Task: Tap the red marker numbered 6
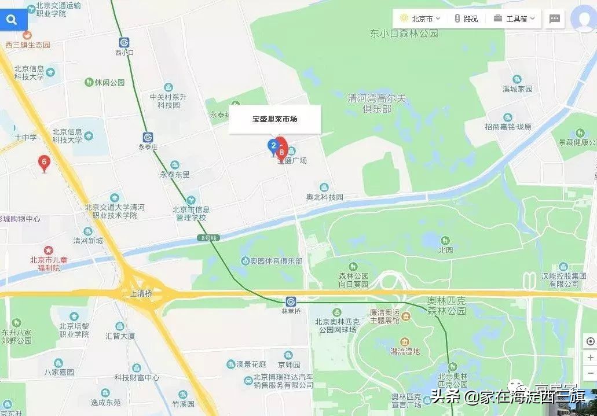pos(44,163)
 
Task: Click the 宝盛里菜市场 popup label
pos(274,119)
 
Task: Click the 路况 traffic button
pos(467,19)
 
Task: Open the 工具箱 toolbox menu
pos(516,19)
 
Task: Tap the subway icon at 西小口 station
pos(124,42)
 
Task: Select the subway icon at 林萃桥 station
pos(291,301)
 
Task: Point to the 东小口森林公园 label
pos(404,34)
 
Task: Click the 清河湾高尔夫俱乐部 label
pos(376,104)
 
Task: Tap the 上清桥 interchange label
pos(141,294)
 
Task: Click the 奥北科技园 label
pos(324,197)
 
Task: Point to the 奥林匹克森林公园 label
pos(446,306)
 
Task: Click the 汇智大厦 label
pos(120,336)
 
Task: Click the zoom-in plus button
pos(590,358)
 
